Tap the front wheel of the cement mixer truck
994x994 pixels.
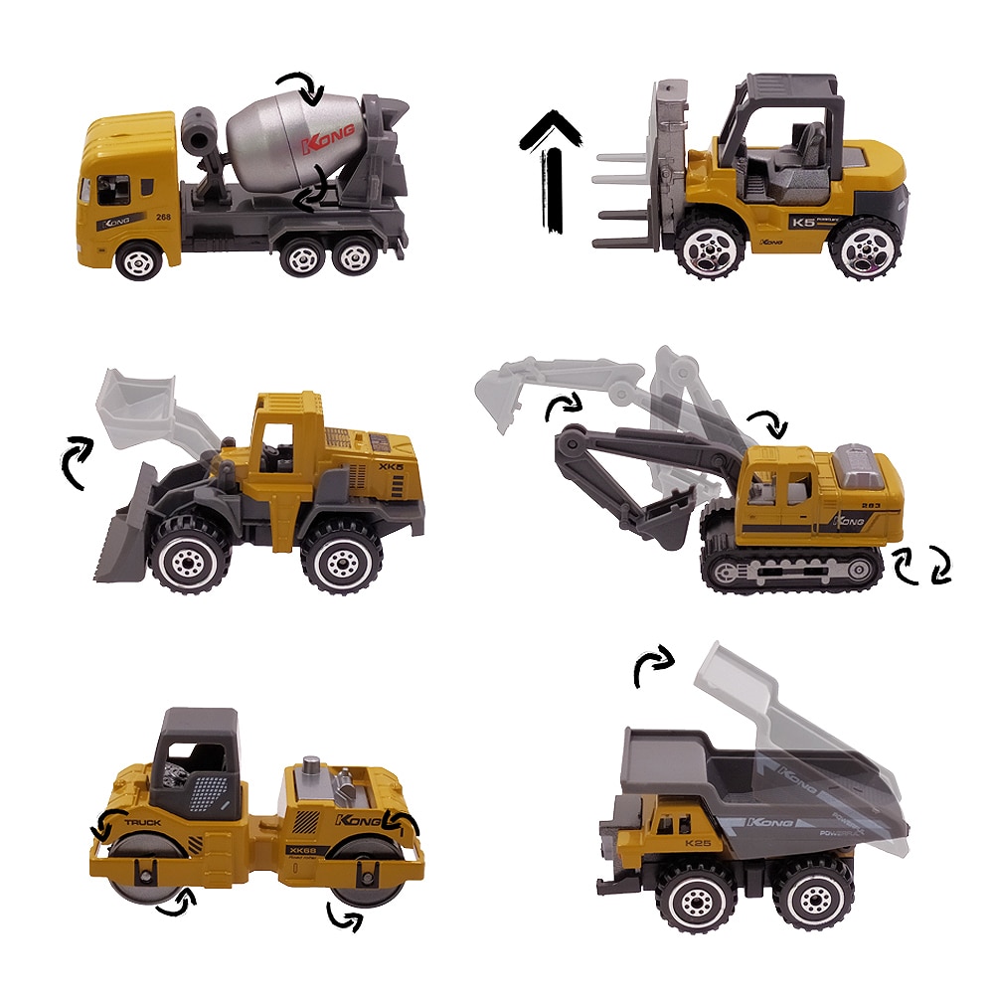[x=138, y=259]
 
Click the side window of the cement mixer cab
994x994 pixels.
[x=113, y=189]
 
